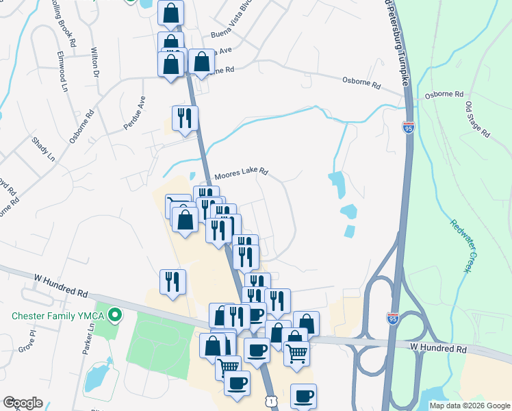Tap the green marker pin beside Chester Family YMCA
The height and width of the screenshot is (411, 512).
(115, 316)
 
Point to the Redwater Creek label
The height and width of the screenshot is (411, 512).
(463, 245)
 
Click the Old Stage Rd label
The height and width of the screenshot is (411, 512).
(478, 120)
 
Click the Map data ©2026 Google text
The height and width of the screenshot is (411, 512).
(469, 406)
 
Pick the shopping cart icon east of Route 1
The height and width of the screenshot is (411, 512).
(296, 353)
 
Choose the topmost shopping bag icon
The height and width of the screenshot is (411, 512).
(170, 12)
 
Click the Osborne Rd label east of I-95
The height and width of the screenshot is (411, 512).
(444, 95)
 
